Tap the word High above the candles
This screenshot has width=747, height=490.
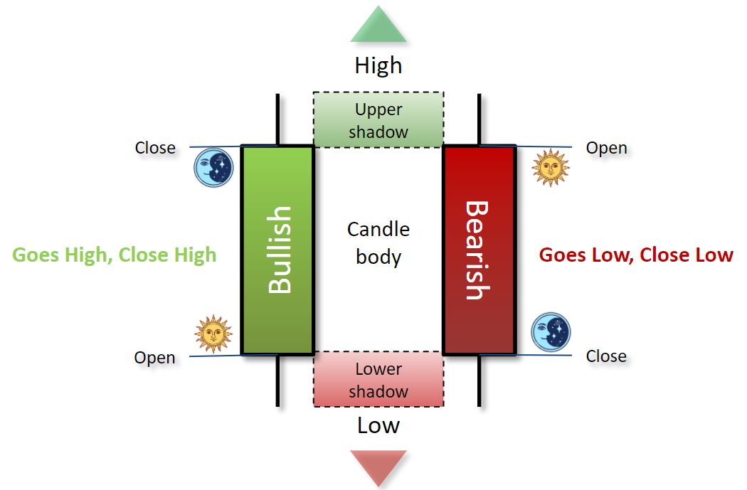378,65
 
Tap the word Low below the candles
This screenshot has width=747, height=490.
378,425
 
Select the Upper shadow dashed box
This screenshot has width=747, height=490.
378,119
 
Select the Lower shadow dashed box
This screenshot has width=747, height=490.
378,380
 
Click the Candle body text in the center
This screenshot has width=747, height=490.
378,243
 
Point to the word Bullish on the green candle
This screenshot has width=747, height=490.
280,250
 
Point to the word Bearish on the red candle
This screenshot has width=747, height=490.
477,250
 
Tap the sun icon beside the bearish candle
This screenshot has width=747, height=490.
551,167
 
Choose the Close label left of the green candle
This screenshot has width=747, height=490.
155,148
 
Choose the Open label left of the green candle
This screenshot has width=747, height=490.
154,357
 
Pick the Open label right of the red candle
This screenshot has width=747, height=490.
606,148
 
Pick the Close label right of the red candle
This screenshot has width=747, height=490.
606,356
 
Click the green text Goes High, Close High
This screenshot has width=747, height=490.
115,255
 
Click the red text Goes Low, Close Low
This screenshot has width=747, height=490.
636,255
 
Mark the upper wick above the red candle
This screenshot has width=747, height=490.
480,119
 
